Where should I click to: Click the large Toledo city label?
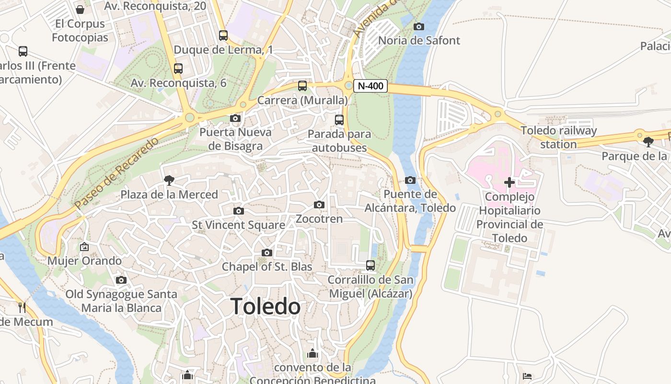click(x=266, y=307)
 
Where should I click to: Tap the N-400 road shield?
click(x=370, y=86)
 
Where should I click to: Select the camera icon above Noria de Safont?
click(x=419, y=26)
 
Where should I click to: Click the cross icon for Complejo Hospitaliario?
click(x=509, y=182)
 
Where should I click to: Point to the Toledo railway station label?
click(x=559, y=137)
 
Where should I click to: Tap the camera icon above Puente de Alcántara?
click(x=410, y=180)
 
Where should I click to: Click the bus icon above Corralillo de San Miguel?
click(x=370, y=265)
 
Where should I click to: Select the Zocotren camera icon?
click(x=319, y=205)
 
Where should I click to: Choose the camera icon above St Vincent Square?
click(x=238, y=211)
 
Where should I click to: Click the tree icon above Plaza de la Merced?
click(x=169, y=180)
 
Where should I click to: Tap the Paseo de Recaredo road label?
click(x=116, y=173)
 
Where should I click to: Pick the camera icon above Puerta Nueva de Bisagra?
click(x=235, y=118)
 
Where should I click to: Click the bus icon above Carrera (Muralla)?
click(x=302, y=86)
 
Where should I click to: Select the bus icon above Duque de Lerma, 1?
click(x=223, y=35)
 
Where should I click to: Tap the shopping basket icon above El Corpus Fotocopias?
click(x=80, y=9)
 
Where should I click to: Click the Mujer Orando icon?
click(x=84, y=247)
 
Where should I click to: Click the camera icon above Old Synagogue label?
click(x=121, y=280)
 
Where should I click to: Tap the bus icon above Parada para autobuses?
click(x=339, y=120)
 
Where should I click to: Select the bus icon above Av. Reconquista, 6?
click(x=178, y=68)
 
